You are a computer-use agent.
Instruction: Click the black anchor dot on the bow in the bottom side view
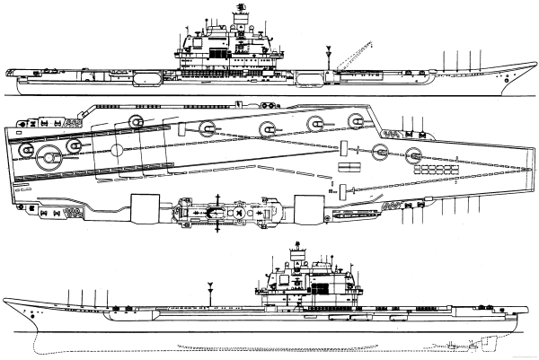click(x=32, y=316)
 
